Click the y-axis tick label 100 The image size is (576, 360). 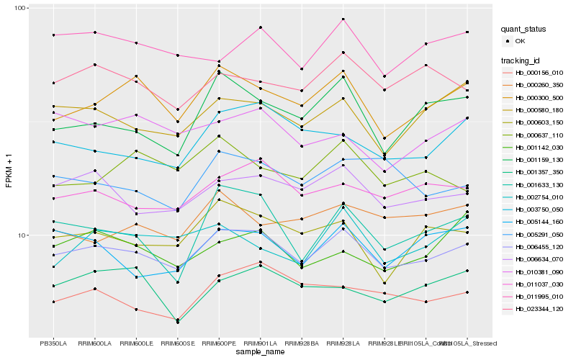(20, 8)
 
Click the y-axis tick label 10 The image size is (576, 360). (22, 235)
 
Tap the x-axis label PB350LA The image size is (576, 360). (53, 343)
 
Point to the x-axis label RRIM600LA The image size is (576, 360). (95, 343)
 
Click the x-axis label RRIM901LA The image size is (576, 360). (260, 343)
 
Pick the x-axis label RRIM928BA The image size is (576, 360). (302, 343)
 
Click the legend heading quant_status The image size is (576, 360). (525, 30)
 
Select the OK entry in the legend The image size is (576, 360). (529, 41)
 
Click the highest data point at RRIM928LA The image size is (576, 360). (343, 19)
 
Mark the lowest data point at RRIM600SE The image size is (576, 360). (177, 323)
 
